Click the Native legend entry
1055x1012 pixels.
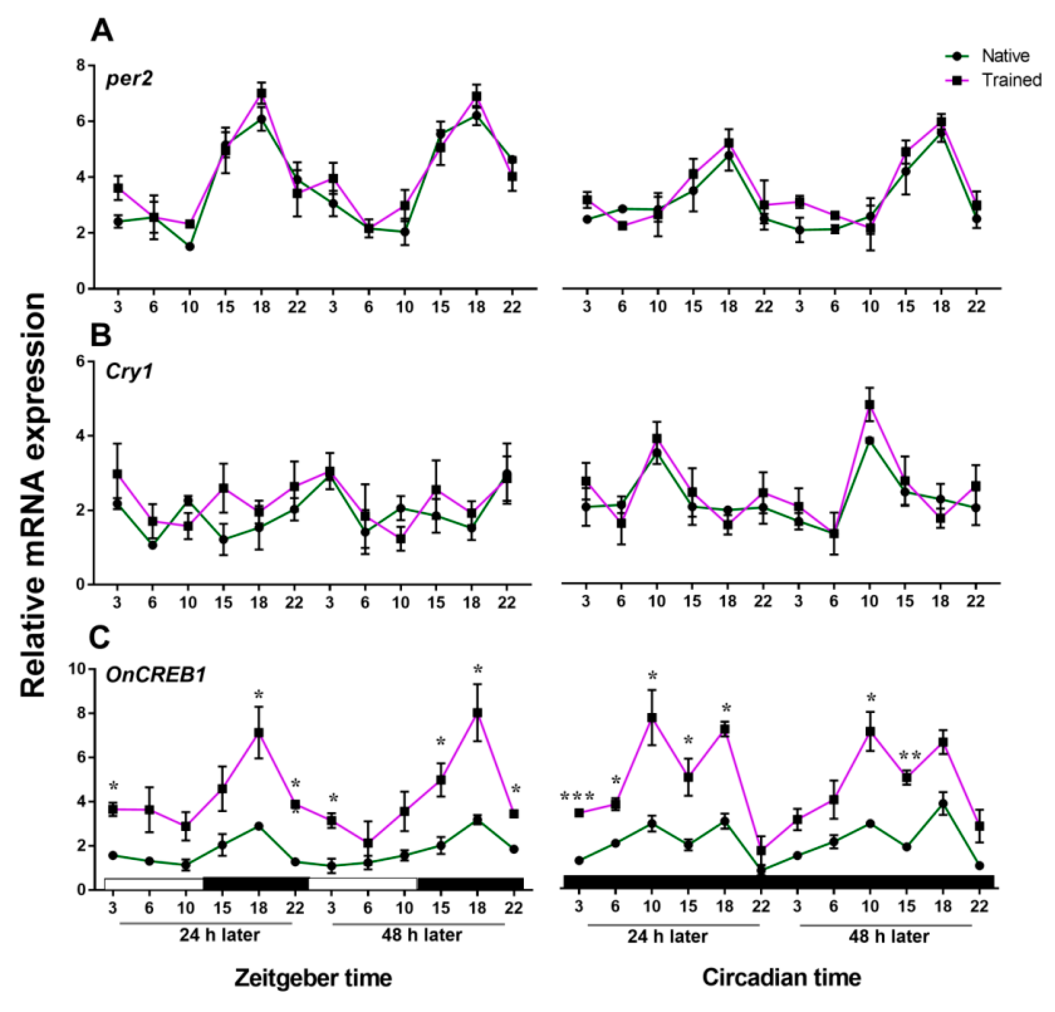[1004, 56]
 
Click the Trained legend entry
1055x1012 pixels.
[1011, 80]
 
